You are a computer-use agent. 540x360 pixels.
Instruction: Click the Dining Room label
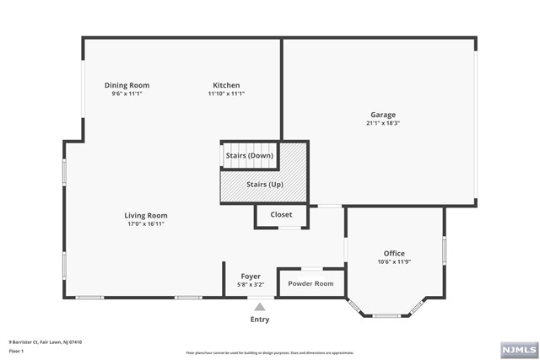pyautogui.click(x=127, y=85)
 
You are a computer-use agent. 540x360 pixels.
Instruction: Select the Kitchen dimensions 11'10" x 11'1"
pyautogui.click(x=225, y=94)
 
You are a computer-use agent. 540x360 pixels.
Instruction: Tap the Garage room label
pyautogui.click(x=382, y=115)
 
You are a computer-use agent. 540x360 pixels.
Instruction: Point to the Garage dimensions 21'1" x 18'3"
pyautogui.click(x=382, y=123)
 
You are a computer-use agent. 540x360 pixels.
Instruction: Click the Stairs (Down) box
pyautogui.click(x=249, y=156)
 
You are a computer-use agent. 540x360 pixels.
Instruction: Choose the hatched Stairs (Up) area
pyautogui.click(x=263, y=184)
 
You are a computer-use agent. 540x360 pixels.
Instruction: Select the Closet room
pyautogui.click(x=281, y=215)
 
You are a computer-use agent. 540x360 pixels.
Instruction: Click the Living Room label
pyautogui.click(x=146, y=216)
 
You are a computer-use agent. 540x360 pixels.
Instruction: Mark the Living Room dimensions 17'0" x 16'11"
pyautogui.click(x=146, y=224)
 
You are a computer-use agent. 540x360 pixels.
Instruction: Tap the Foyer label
pyautogui.click(x=251, y=277)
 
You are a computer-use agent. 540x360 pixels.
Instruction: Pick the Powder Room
pyautogui.click(x=310, y=283)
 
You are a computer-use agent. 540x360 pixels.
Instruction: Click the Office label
pyautogui.click(x=394, y=253)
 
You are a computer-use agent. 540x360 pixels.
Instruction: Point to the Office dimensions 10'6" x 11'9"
pyautogui.click(x=394, y=261)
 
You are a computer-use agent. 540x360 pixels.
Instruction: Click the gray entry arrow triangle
pyautogui.click(x=260, y=307)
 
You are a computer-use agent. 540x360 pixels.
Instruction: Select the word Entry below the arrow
pyautogui.click(x=260, y=320)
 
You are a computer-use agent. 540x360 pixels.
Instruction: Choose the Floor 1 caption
pyautogui.click(x=17, y=349)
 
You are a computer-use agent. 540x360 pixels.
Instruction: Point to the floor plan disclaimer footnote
pyautogui.click(x=271, y=352)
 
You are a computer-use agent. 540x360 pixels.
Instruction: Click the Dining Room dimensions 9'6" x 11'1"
pyautogui.click(x=127, y=94)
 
